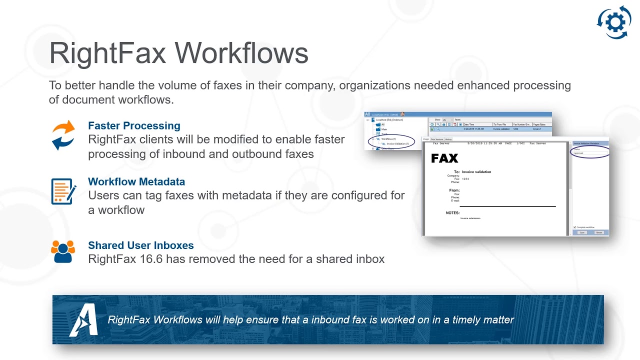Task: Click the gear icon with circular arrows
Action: click(614, 22)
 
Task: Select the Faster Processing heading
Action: click(134, 125)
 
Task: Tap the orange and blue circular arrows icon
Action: click(63, 135)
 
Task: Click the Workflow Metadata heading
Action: click(136, 181)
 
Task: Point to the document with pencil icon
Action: click(63, 191)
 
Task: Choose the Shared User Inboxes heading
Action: click(140, 245)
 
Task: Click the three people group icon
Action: click(63, 251)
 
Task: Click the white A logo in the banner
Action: click(82, 320)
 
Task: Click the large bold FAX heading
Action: click(444, 158)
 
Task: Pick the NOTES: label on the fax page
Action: click(452, 213)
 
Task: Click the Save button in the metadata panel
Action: click(582, 232)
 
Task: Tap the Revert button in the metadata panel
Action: click(599, 232)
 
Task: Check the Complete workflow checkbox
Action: click(574, 227)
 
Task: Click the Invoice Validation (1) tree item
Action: click(397, 144)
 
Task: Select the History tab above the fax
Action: click(448, 139)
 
